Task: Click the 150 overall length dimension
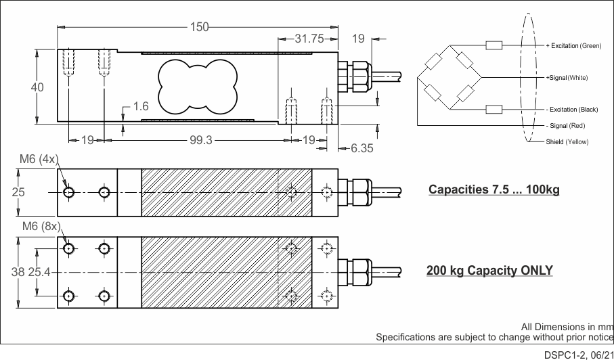click(199, 27)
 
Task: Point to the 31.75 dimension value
click(309, 39)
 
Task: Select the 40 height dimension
click(38, 87)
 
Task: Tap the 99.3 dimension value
click(201, 140)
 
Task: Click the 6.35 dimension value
click(361, 148)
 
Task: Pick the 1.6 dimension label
click(141, 106)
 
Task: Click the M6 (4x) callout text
click(39, 159)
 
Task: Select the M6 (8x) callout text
click(42, 226)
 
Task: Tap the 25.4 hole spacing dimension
click(39, 272)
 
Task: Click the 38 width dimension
click(18, 272)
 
